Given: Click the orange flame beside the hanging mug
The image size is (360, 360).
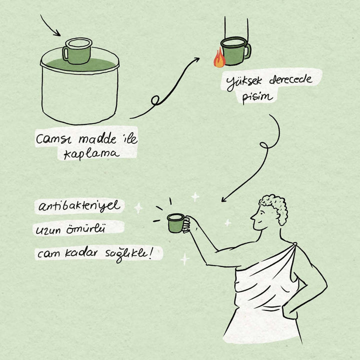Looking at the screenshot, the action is (219, 58).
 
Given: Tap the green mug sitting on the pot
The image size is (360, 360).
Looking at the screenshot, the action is (77, 51).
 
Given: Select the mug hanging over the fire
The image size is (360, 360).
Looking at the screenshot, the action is (236, 51).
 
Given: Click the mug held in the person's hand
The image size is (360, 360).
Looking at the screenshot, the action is (176, 223).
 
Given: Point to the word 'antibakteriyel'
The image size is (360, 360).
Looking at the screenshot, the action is (79, 205).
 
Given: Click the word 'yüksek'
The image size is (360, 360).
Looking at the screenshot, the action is (244, 82).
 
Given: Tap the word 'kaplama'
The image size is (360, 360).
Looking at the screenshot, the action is (91, 154).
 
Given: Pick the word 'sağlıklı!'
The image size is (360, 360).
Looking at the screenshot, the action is (128, 254).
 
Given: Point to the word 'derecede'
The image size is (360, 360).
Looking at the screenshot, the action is (290, 79).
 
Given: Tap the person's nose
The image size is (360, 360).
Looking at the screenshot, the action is (252, 216).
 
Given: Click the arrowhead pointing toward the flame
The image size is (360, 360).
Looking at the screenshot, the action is (196, 59).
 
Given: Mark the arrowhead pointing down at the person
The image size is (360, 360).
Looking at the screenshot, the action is (223, 199).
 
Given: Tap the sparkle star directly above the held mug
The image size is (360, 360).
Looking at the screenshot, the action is (195, 197).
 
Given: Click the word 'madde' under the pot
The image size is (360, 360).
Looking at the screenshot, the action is (97, 138).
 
